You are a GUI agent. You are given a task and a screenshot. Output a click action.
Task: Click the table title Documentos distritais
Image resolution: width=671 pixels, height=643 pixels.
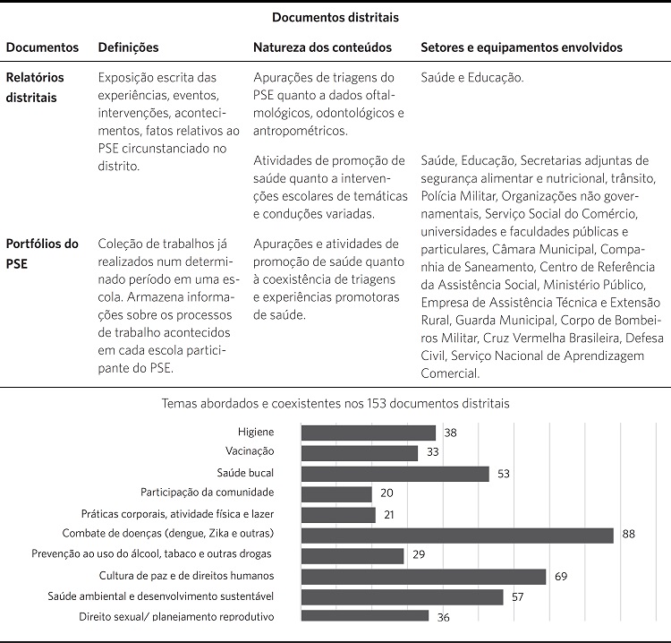pyautogui.click(x=335, y=17)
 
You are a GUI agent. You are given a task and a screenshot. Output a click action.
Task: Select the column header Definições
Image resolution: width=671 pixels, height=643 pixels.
pyautogui.click(x=128, y=47)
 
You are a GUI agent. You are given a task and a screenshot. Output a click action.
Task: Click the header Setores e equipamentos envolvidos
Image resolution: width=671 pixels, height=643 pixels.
pyautogui.click(x=522, y=47)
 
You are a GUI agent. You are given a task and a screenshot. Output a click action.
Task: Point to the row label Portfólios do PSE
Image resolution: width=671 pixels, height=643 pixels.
pyautogui.click(x=42, y=253)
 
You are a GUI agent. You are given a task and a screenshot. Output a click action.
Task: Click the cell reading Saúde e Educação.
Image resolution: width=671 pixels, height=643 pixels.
pyautogui.click(x=471, y=78)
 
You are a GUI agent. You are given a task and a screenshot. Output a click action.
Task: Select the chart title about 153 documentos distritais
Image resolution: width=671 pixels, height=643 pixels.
pyautogui.click(x=335, y=404)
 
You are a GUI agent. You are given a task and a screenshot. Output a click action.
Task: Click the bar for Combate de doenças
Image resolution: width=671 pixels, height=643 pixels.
pyautogui.click(x=457, y=535)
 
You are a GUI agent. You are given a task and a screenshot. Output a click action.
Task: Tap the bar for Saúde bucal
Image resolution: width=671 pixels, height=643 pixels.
pyautogui.click(x=395, y=474)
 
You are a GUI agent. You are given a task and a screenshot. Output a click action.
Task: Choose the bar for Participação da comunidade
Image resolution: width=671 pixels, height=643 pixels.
pyautogui.click(x=336, y=493)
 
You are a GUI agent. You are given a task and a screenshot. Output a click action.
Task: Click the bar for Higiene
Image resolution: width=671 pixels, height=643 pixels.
pyautogui.click(x=369, y=433)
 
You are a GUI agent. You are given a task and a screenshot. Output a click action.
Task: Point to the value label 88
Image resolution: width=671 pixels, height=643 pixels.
pyautogui.click(x=628, y=535)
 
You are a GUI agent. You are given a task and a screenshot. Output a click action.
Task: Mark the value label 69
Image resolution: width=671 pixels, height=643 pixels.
pyautogui.click(x=561, y=576)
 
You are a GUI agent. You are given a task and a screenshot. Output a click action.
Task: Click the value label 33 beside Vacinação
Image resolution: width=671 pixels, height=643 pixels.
pyautogui.click(x=432, y=453)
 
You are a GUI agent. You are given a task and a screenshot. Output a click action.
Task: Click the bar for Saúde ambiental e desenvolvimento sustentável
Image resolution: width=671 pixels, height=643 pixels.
pyautogui.click(x=402, y=596)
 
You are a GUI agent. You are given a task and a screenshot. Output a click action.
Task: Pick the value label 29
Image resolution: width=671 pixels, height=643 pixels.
pyautogui.click(x=419, y=555)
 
